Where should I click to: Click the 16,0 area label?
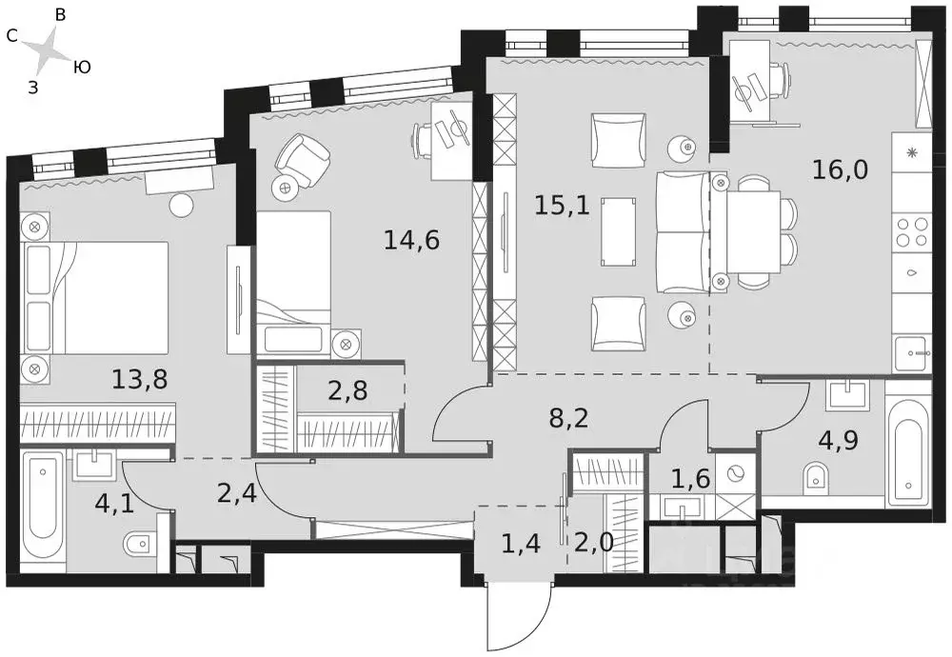841,170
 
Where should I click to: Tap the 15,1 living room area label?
563,206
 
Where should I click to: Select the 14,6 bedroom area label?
411,241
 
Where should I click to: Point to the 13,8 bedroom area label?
140,380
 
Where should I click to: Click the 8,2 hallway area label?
569,418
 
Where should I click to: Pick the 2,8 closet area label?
347,390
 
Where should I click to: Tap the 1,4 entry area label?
521,544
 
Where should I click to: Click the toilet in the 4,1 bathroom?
141,544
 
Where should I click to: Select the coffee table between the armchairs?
619,231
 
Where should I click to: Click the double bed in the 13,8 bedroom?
94,298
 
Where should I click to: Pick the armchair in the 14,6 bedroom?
303,158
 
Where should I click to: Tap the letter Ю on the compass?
83,68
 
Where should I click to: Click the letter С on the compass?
11,36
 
